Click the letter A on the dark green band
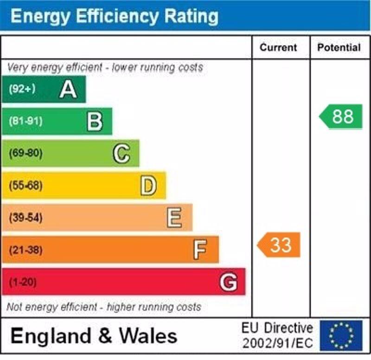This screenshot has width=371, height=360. pyautogui.click(x=68, y=89)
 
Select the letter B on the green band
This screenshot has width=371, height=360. pyautogui.click(x=95, y=122)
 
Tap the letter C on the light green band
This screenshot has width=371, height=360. pyautogui.click(x=122, y=154)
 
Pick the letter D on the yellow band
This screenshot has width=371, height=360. pyautogui.click(x=148, y=186)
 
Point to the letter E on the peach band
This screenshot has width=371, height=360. pyautogui.click(x=174, y=218)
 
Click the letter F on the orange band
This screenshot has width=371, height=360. pyautogui.click(x=200, y=250)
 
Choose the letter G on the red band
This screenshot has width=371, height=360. pyautogui.click(x=229, y=282)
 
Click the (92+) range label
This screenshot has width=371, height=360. pyautogui.click(x=22, y=89)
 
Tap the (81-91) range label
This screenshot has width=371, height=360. pyautogui.click(x=26, y=122)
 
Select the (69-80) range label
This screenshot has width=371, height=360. pyautogui.click(x=26, y=154)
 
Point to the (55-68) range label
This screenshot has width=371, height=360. pyautogui.click(x=26, y=186)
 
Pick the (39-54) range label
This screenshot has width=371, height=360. pyautogui.click(x=26, y=218)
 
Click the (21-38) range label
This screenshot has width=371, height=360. pyautogui.click(x=26, y=250)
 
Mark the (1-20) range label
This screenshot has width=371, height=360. pyautogui.click(x=22, y=282)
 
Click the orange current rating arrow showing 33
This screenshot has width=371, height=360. pyautogui.click(x=279, y=245)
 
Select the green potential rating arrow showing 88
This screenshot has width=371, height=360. pyautogui.click(x=341, y=116)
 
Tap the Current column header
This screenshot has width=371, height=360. pyautogui.click(x=278, y=48)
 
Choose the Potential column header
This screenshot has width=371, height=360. pyautogui.click(x=339, y=48)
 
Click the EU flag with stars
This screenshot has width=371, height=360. pyautogui.click(x=341, y=335)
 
